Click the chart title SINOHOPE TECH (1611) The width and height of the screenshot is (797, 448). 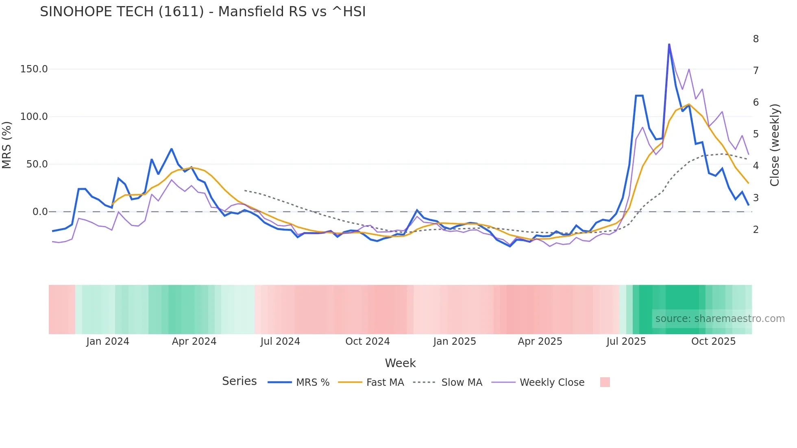point(203,12)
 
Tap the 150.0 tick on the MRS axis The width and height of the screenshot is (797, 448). point(34,69)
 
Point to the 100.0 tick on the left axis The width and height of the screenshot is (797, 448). point(34,117)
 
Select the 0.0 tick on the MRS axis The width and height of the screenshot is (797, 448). point(40,212)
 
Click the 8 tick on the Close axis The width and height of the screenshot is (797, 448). point(756,39)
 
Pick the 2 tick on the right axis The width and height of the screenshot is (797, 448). point(756,230)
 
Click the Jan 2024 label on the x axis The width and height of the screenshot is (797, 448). point(108,341)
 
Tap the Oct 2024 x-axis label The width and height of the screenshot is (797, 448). point(368,341)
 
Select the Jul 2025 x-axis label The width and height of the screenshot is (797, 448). point(626,341)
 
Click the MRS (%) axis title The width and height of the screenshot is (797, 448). point(7,145)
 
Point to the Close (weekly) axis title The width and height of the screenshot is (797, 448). point(775,145)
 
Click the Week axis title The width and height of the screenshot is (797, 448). point(400,363)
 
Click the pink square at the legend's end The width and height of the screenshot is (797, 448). point(605,382)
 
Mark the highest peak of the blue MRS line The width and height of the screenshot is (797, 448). point(669,44)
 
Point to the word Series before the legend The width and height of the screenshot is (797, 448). point(239,381)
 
